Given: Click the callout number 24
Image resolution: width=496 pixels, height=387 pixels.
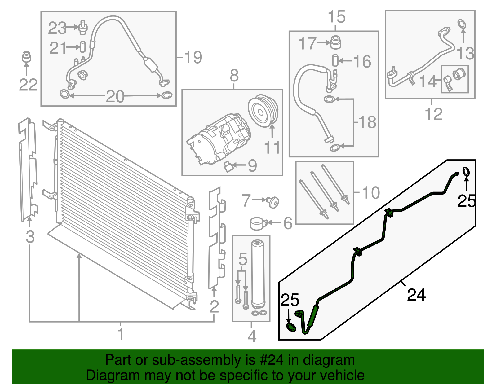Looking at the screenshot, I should [416, 295].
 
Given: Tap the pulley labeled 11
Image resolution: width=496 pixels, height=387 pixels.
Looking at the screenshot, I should [263, 111].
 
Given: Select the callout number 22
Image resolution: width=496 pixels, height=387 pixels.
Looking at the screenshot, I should [28, 85].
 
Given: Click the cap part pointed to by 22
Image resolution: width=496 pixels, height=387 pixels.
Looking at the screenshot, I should [27, 57].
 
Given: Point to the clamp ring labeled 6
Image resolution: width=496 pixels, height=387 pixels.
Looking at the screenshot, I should [258, 223].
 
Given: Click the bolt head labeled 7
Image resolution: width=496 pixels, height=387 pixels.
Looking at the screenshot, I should [273, 202].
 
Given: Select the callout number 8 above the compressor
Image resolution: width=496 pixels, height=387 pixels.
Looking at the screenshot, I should [234, 76].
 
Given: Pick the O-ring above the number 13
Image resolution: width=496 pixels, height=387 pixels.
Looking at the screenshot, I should [462, 24].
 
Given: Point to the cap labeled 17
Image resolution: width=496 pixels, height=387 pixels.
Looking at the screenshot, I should [335, 42].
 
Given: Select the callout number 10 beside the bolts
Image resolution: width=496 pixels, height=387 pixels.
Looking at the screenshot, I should [370, 193].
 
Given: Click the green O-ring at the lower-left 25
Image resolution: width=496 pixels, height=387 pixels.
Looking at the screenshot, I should [291, 327].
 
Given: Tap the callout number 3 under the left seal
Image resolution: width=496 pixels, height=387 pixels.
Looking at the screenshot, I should [30, 237].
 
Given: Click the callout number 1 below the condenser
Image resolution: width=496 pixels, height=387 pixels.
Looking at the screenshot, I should [121, 334].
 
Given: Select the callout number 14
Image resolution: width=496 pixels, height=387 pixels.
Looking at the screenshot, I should [427, 81].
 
